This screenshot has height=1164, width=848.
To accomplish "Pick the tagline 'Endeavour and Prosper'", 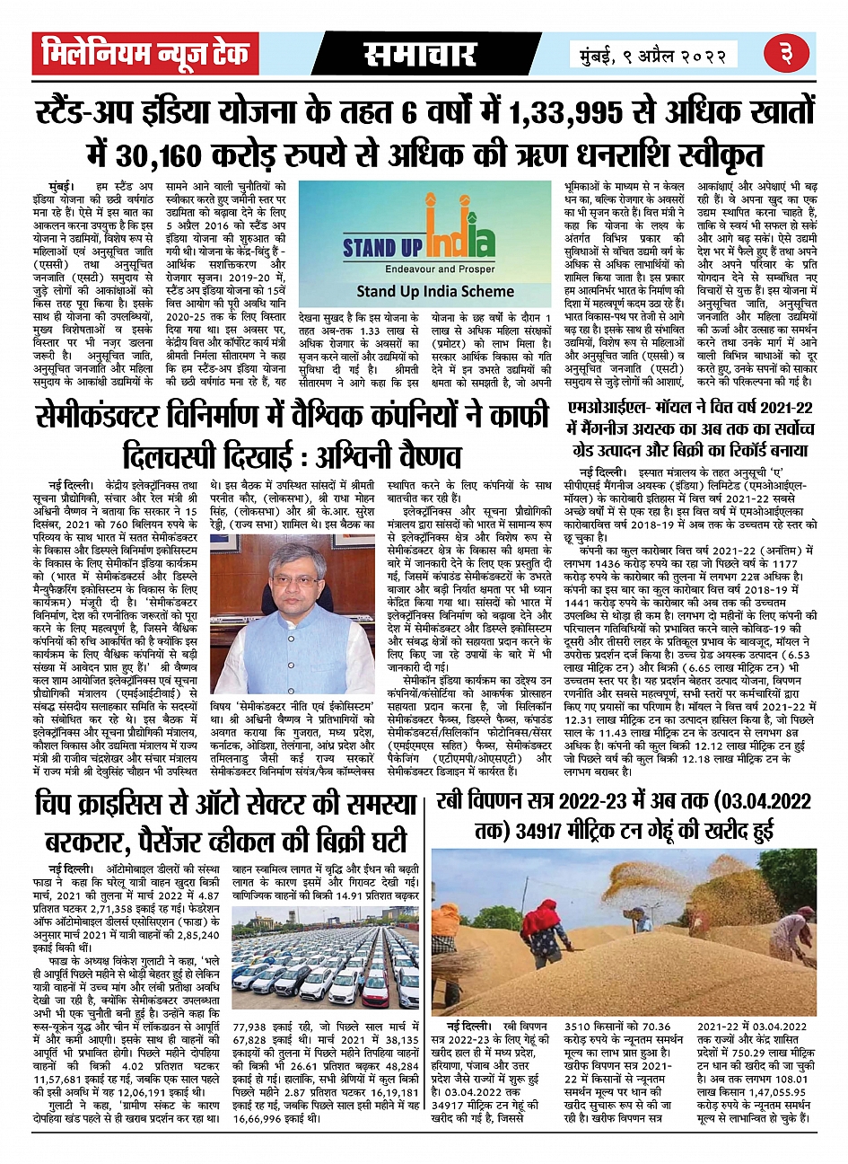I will pos(422,269).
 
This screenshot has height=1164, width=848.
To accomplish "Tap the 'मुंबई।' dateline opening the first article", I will pos(66,185).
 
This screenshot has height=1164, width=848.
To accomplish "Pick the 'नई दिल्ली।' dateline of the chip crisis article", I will pos(70,869).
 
